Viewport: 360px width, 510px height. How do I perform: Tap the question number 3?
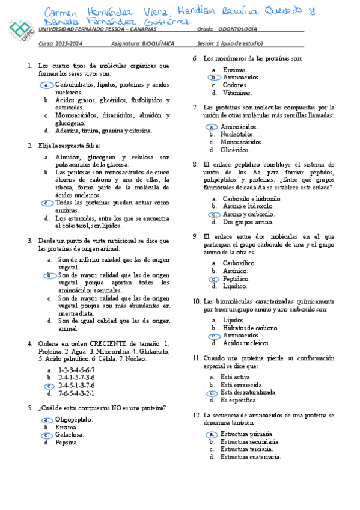pos(30,240)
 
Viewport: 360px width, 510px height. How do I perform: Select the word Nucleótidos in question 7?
pos(237,135)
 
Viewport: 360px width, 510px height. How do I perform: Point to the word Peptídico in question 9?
pos(236,279)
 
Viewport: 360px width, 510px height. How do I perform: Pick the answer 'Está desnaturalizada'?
pos(248,375)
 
